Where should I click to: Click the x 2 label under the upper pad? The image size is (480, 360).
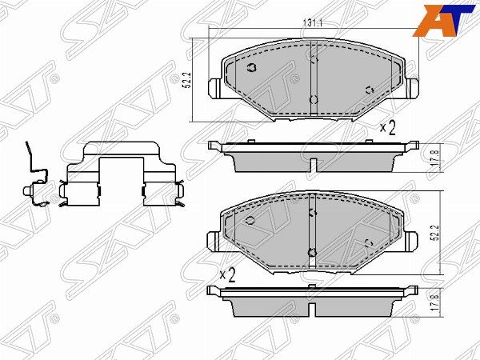coord(388,127)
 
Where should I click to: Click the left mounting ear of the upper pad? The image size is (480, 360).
coord(214,88)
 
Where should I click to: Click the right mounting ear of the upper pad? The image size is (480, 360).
coord(413,88)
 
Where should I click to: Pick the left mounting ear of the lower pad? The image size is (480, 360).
coord(214,239)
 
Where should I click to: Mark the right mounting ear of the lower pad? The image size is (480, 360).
coord(413,239)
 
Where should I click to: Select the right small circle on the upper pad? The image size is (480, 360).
coord(369,90)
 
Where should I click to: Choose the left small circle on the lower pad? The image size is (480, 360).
coord(250,218)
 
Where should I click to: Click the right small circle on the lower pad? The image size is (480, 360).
coord(369,241)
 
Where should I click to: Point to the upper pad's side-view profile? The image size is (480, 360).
coord(314,157)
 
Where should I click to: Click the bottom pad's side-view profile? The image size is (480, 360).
coord(314,302)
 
